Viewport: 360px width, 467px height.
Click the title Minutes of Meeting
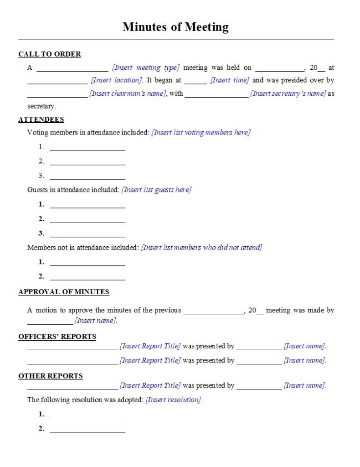click(175, 27)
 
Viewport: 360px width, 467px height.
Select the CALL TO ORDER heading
click(50, 54)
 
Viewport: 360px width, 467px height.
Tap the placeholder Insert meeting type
click(146, 67)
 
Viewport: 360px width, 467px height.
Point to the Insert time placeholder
click(230, 80)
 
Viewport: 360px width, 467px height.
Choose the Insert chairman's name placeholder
click(128, 93)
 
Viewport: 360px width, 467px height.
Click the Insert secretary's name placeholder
click(288, 93)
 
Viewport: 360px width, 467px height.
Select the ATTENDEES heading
click(41, 119)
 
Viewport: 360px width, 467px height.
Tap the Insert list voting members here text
click(201, 133)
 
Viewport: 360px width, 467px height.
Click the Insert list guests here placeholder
click(156, 190)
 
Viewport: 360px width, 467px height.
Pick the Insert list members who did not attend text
click(201, 248)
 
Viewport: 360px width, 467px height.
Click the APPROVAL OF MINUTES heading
click(64, 292)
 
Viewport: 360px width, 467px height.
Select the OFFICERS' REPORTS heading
click(57, 337)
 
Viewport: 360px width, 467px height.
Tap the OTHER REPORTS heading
click(51, 376)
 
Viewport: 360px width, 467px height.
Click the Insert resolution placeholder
click(174, 400)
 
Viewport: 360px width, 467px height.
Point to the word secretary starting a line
click(41, 106)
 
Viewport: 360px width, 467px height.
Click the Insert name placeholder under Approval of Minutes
click(96, 321)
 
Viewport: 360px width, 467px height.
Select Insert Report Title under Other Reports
click(150, 386)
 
